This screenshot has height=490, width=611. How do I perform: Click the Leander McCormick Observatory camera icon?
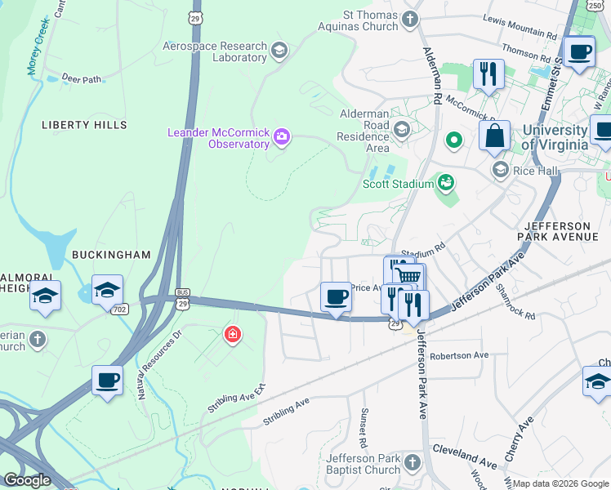click(282, 136)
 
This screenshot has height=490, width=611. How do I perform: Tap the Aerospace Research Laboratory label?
click(216, 52)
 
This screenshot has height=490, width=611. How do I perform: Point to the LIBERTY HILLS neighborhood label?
click(84, 125)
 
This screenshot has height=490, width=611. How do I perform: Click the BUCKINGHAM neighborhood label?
click(111, 255)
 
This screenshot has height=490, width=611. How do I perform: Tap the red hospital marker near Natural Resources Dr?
click(233, 335)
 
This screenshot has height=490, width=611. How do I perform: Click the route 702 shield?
click(121, 310)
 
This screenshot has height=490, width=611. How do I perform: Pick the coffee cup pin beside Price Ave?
click(335, 297)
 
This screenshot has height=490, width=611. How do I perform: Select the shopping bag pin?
click(494, 136)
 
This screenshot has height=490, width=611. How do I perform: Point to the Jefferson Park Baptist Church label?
click(363, 464)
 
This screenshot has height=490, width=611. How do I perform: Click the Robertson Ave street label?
click(458, 356)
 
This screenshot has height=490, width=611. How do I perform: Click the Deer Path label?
click(80, 79)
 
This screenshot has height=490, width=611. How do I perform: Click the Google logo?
click(26, 480)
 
